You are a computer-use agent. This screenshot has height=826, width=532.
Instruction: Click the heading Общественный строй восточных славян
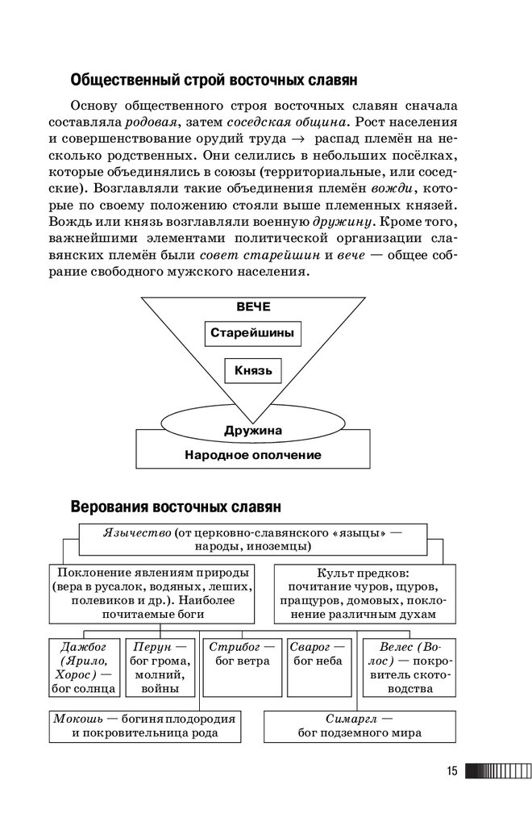pyautogui.click(x=214, y=81)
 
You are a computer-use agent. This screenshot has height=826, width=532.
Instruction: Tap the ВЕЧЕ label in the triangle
pyautogui.click(x=253, y=307)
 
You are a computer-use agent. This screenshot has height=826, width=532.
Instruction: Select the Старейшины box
pyautogui.click(x=252, y=333)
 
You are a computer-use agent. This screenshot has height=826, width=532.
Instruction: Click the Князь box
pyautogui.click(x=253, y=371)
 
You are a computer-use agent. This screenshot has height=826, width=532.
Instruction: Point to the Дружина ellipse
pyautogui.click(x=253, y=428)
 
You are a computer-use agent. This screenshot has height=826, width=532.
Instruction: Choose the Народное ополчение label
pyautogui.click(x=253, y=454)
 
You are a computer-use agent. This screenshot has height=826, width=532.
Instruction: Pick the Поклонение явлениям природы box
pyautogui.click(x=152, y=593)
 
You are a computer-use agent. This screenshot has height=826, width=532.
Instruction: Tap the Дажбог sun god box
pyautogui.click(x=85, y=667)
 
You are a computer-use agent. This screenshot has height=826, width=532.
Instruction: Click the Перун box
pyautogui.click(x=159, y=667)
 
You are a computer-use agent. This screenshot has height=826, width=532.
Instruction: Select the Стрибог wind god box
pyautogui.click(x=240, y=667)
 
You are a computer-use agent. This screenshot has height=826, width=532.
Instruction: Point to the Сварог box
pyautogui.click(x=318, y=667)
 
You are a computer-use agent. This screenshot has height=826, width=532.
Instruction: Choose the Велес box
pyautogui.click(x=408, y=667)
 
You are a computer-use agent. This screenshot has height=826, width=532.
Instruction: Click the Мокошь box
pyautogui.click(x=144, y=726)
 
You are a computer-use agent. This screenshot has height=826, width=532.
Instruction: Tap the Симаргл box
pyautogui.click(x=360, y=726)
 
